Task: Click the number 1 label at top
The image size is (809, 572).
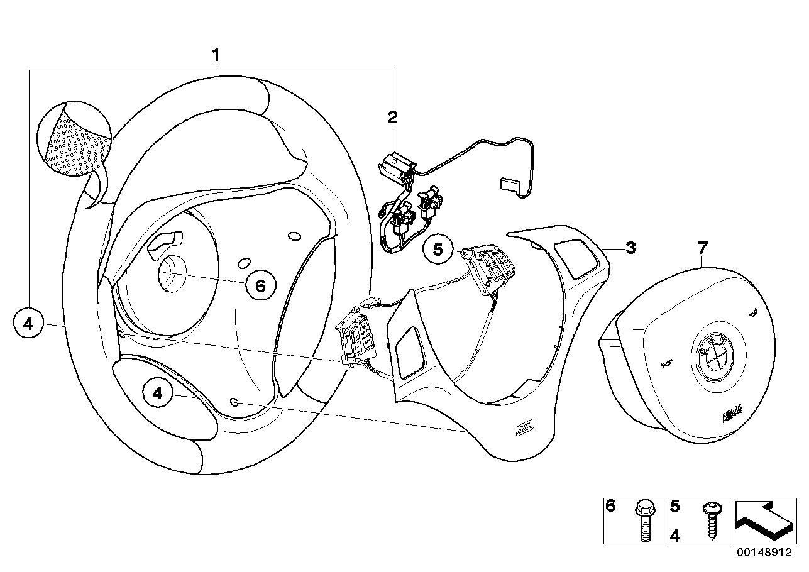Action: tap(216, 55)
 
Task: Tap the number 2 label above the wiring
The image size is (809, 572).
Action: tap(392, 116)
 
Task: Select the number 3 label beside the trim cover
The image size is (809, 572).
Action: tap(630, 248)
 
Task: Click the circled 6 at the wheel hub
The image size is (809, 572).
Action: tap(261, 286)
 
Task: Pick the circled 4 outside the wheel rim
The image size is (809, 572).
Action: tap(28, 324)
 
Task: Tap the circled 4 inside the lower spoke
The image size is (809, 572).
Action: tap(158, 393)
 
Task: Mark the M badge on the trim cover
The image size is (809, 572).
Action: tap(524, 430)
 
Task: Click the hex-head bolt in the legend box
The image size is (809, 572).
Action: tap(643, 521)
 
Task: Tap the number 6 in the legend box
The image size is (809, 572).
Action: tap(610, 505)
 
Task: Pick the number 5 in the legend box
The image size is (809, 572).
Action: tap(675, 505)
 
